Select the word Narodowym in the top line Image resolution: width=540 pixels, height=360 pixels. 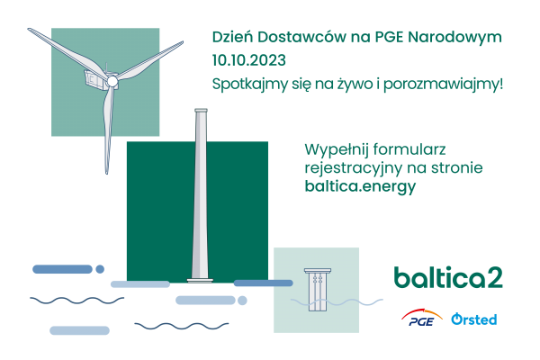[x=459, y=38]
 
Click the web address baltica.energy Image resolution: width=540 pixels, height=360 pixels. [x=360, y=186]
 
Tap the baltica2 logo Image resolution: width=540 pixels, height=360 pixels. [x=447, y=277]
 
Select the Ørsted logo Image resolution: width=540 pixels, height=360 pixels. [x=473, y=319]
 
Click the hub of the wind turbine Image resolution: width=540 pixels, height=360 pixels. [x=113, y=81]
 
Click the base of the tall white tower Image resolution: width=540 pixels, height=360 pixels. [x=201, y=277]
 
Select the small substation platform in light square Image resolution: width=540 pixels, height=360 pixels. [x=316, y=288]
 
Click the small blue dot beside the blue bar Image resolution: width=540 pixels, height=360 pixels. [x=100, y=268]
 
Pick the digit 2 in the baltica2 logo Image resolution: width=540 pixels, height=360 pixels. [x=494, y=277]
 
